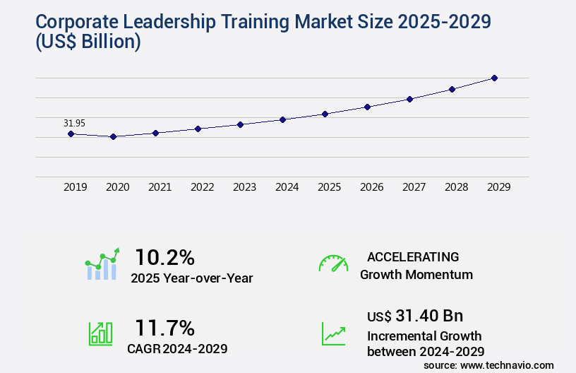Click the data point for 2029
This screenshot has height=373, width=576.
tap(494, 78)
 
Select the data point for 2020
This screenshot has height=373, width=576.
tap(113, 136)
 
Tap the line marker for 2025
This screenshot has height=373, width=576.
tap(325, 114)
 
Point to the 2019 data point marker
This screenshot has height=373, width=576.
tap(71, 134)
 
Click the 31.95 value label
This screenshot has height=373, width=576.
tap(74, 123)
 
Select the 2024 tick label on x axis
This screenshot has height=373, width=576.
tap(287, 187)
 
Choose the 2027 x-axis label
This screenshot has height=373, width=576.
tap(414, 187)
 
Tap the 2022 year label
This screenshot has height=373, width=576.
tap(202, 187)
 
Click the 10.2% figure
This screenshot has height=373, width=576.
tap(164, 256)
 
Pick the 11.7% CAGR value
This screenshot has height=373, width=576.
tap(164, 328)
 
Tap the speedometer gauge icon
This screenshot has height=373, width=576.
tap(333, 263)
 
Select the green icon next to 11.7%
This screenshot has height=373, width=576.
tap(100, 333)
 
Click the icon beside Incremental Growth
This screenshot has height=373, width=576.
tap(333, 333)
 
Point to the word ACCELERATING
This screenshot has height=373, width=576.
tap(413, 256)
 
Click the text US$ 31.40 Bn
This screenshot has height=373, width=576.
tap(415, 316)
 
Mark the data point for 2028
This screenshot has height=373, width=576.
tap(452, 89)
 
